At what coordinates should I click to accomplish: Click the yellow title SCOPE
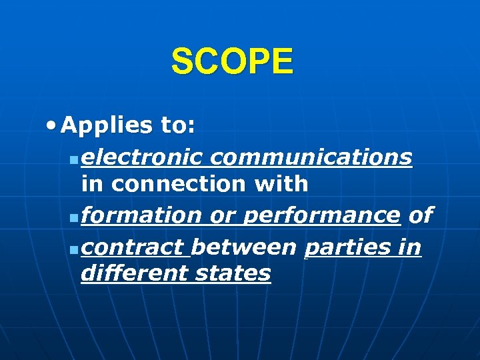pyautogui.click(x=231, y=62)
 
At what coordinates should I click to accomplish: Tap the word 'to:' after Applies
pyautogui.click(x=177, y=125)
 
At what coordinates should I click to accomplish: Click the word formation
pyautogui.click(x=143, y=215)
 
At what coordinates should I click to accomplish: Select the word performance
pyautogui.click(x=321, y=215)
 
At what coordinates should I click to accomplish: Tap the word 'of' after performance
pyautogui.click(x=419, y=215)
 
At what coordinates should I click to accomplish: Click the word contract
pyautogui.click(x=134, y=247)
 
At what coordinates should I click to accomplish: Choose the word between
pyautogui.click(x=243, y=247)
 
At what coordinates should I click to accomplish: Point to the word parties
pyautogui.click(x=345, y=247)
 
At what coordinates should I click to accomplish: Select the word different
pyautogui.click(x=134, y=273)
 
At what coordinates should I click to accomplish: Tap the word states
pyautogui.click(x=233, y=273)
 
